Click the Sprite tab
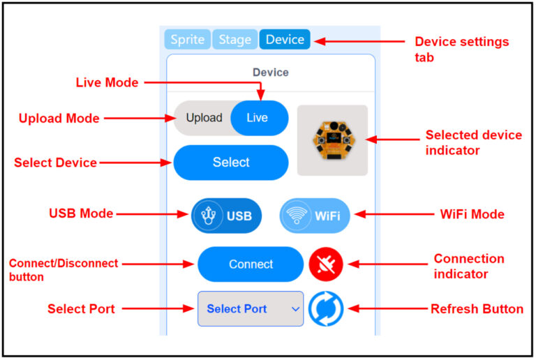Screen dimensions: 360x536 188,40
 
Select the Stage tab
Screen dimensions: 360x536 234,40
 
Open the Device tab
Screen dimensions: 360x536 285,40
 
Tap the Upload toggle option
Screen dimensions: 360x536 204,118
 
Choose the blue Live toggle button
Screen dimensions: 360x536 258,118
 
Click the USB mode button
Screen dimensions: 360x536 227,216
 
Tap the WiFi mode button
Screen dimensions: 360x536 315,216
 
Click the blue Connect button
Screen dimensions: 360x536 251,264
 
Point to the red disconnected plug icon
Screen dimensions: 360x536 326,264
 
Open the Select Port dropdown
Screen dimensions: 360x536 251,308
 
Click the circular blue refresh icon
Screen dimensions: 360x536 326,308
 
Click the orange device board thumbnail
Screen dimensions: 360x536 332,140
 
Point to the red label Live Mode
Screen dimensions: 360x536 107,82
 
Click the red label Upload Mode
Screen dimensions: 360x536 59,119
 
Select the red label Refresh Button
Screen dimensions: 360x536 477,308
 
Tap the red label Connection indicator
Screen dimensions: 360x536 468,266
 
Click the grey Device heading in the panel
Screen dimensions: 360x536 270,73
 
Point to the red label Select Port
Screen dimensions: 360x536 81,308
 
